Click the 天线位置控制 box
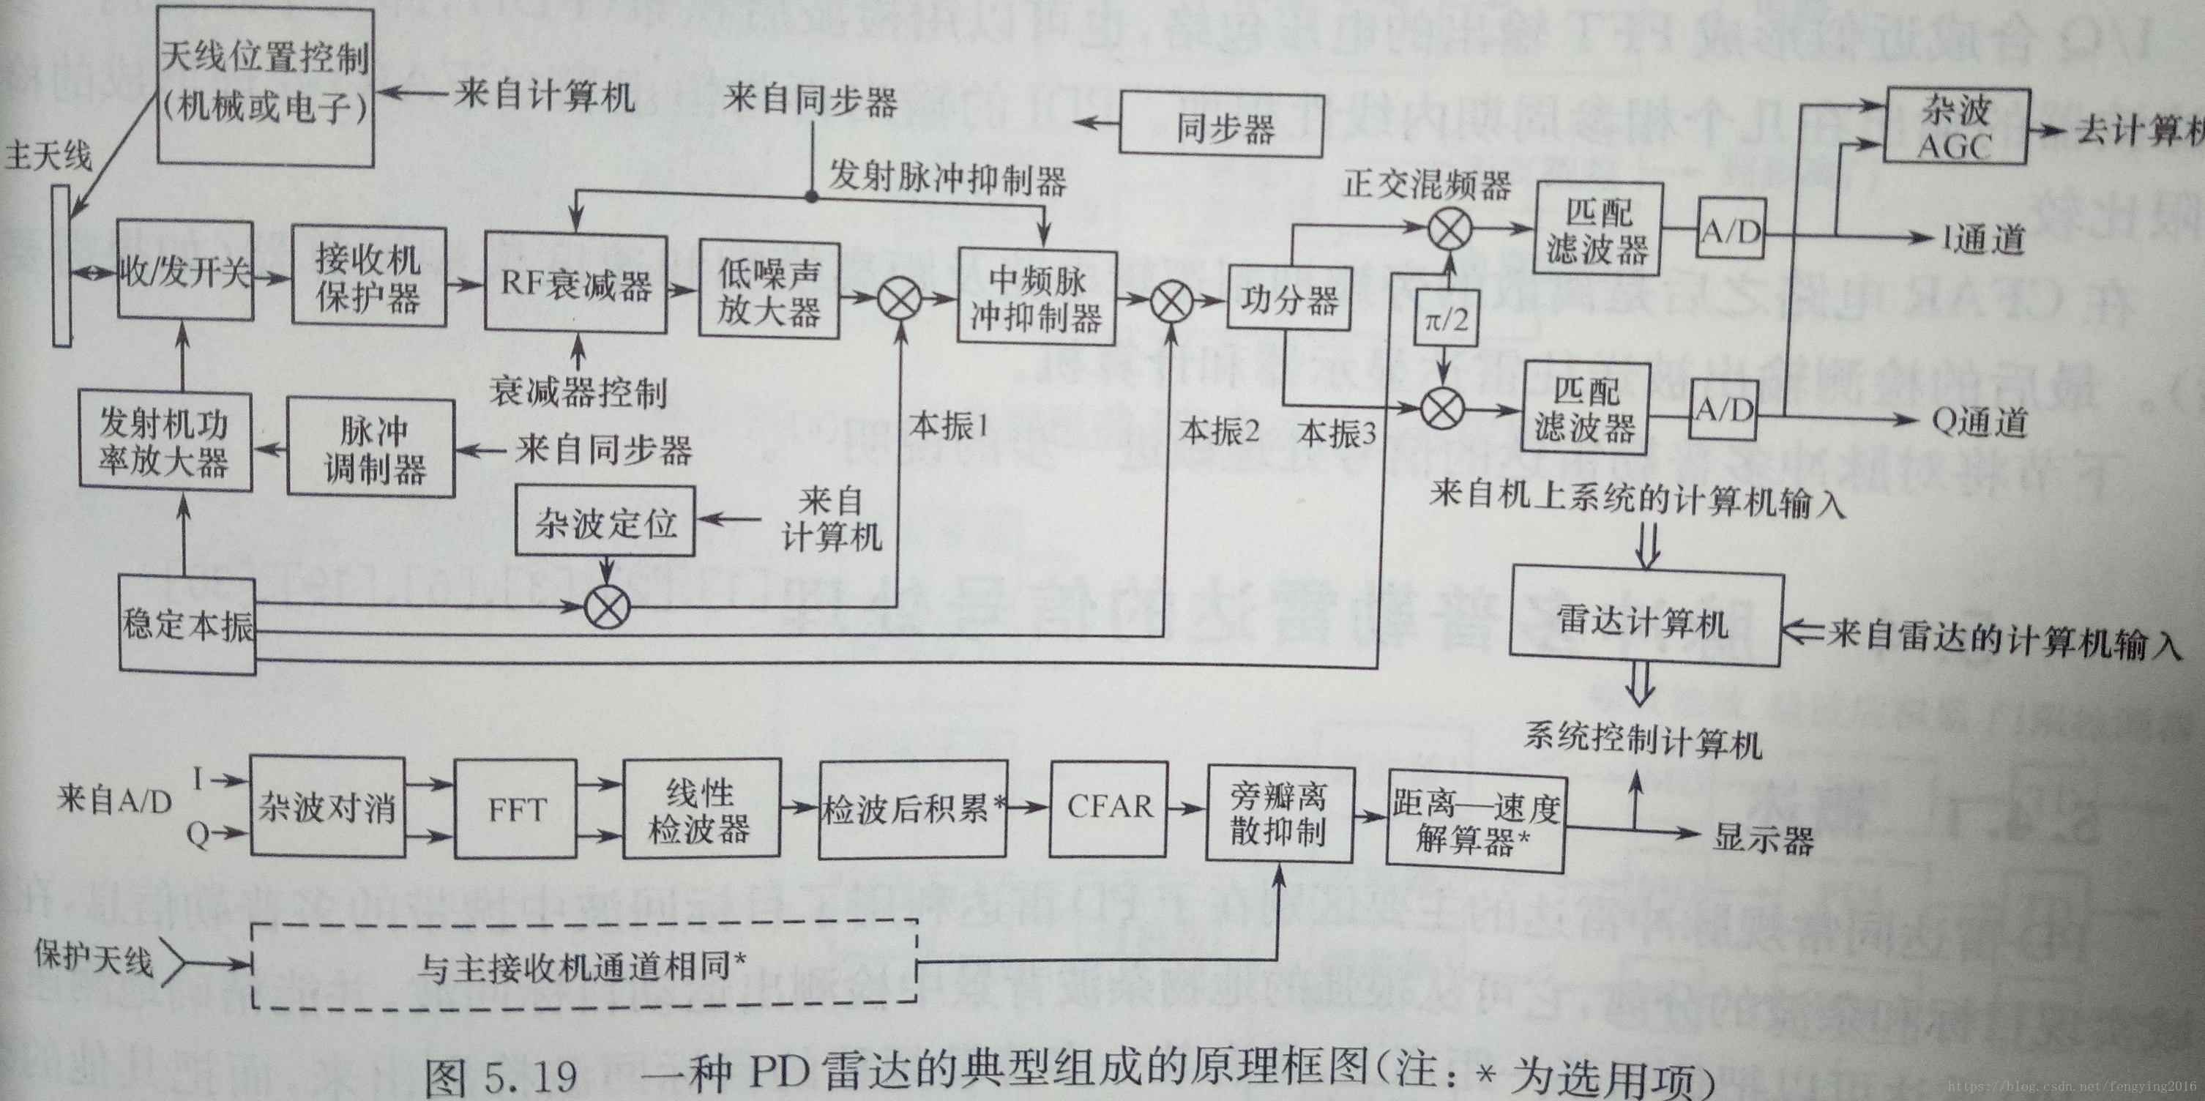pos(265,86)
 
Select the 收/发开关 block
pos(185,271)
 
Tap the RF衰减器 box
pos(575,283)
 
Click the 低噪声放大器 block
pos(769,291)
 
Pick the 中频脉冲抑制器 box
pos(1037,296)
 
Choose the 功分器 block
pos(1288,299)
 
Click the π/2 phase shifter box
pos(1446,318)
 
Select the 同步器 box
pos(1222,128)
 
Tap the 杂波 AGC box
pos(1956,126)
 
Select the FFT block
pos(515,809)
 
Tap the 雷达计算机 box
pos(1645,620)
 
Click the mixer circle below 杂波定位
pos(607,608)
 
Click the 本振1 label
pos(949,425)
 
